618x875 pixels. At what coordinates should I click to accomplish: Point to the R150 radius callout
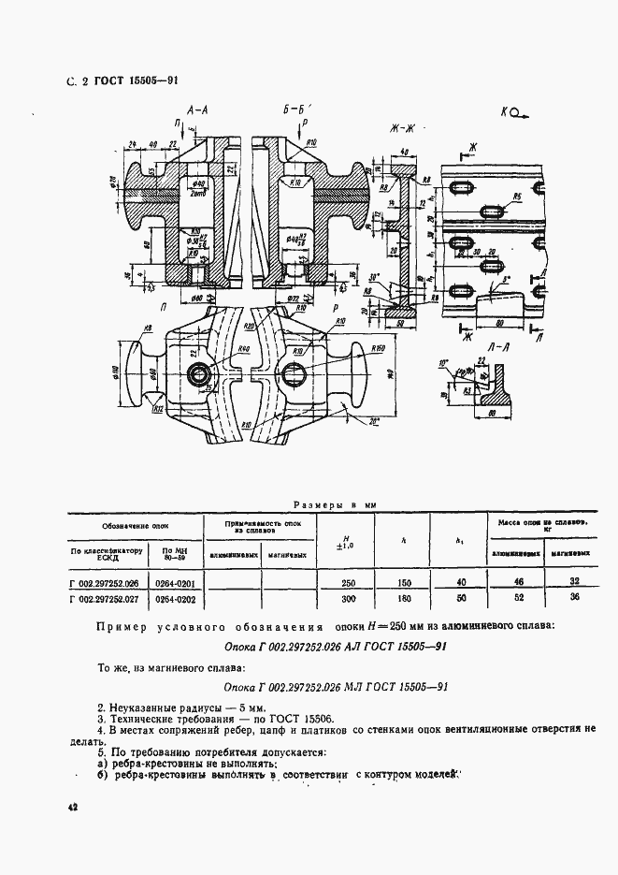click(x=379, y=348)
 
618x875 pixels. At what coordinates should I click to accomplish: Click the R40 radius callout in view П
click(x=243, y=348)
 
